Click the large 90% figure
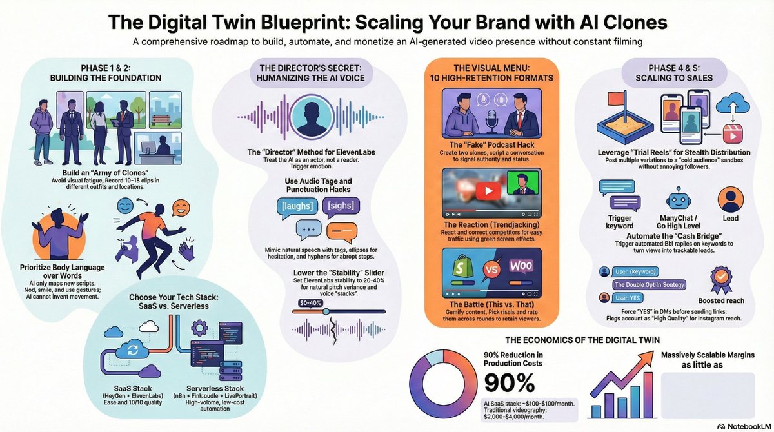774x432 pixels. tap(510, 384)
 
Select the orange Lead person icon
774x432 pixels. tap(731, 196)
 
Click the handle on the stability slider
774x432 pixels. tap(326, 311)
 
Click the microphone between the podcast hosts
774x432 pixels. tap(490, 123)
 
